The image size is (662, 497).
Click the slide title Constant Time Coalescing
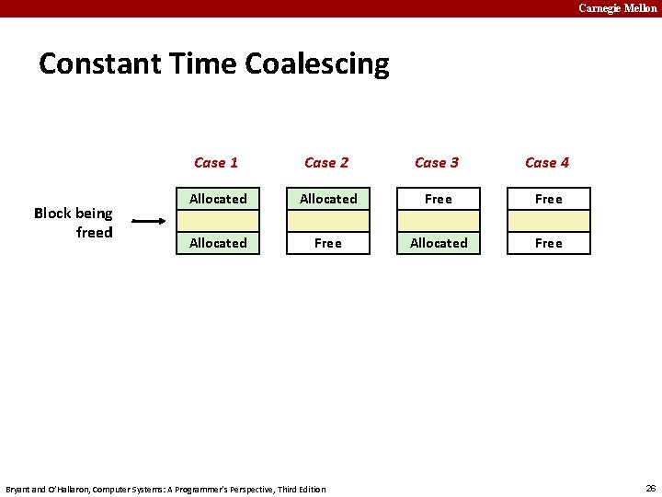click(213, 64)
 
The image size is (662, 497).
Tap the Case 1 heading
click(216, 163)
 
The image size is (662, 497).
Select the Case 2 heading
click(326, 163)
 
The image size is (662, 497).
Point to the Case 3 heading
click(437, 163)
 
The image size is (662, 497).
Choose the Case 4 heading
click(547, 163)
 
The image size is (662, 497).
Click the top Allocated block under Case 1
click(218, 199)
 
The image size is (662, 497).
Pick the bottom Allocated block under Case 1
click(218, 243)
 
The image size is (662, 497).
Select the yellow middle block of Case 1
click(218, 221)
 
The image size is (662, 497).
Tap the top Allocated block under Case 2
click(328, 199)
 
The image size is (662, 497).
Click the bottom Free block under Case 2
click(328, 243)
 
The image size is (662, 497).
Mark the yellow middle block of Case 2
click(328, 221)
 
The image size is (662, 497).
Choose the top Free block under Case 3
click(439, 199)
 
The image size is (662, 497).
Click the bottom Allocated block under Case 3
click(439, 243)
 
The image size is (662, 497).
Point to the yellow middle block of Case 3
click(439, 221)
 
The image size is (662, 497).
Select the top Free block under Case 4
click(549, 199)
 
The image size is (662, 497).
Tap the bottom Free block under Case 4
click(549, 243)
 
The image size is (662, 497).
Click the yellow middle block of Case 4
click(549, 221)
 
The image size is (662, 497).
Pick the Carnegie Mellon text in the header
click(617, 8)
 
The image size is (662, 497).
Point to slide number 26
click(650, 488)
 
